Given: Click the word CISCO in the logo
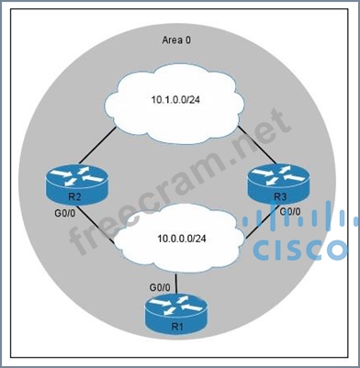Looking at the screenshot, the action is coord(303,249).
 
